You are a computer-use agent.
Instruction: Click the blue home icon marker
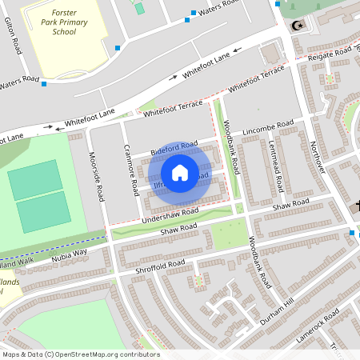pyautogui.click(x=180, y=173)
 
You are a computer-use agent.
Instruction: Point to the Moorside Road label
pyautogui.click(x=97, y=177)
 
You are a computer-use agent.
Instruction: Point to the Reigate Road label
pyautogui.click(x=332, y=54)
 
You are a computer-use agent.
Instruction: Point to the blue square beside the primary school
pyautogui.click(x=118, y=49)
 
